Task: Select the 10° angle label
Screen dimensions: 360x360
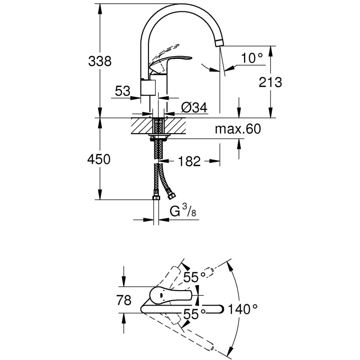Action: (252, 58)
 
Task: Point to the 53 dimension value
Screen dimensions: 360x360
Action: (123, 91)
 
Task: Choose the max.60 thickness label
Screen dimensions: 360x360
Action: (237, 130)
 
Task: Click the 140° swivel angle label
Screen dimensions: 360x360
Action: (243, 309)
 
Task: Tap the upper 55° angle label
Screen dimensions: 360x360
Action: (194, 277)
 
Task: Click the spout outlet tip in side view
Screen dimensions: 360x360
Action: (219, 42)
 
